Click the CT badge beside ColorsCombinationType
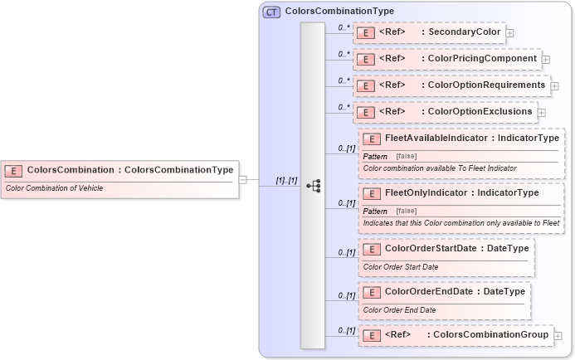(271, 12)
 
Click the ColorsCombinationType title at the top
(339, 12)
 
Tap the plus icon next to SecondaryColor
(510, 33)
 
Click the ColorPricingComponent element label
(446, 59)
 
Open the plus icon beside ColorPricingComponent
(546, 60)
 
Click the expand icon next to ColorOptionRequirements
(554, 85)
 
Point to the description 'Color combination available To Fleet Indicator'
(440, 168)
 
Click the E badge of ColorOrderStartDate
(373, 248)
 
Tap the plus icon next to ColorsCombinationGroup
(558, 335)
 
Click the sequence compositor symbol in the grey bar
(313, 186)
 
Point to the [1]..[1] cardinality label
(286, 180)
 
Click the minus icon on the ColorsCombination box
(242, 178)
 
